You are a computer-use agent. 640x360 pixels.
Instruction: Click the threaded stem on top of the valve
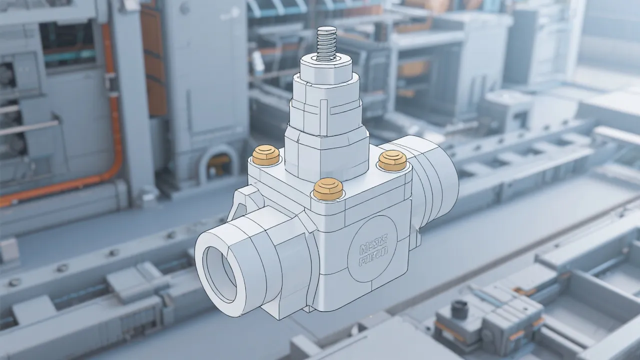tap(326, 44)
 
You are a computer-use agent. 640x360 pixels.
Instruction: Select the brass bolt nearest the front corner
tap(324, 188)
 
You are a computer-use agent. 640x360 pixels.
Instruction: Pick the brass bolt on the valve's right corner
tap(391, 160)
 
